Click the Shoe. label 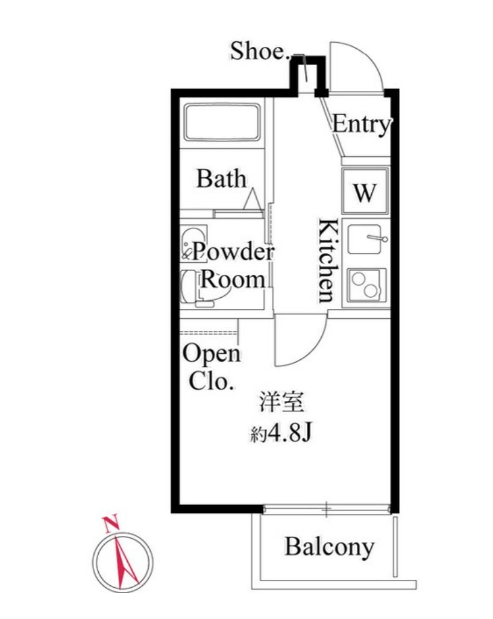pyautogui.click(x=259, y=51)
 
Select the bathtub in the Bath pyautogui.click(x=222, y=122)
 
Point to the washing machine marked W pyautogui.click(x=365, y=191)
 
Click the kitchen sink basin pyautogui.click(x=364, y=239)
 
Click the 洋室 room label pyautogui.click(x=281, y=403)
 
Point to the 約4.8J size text pyautogui.click(x=281, y=433)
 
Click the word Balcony pyautogui.click(x=330, y=547)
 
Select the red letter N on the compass pyautogui.click(x=111, y=524)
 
